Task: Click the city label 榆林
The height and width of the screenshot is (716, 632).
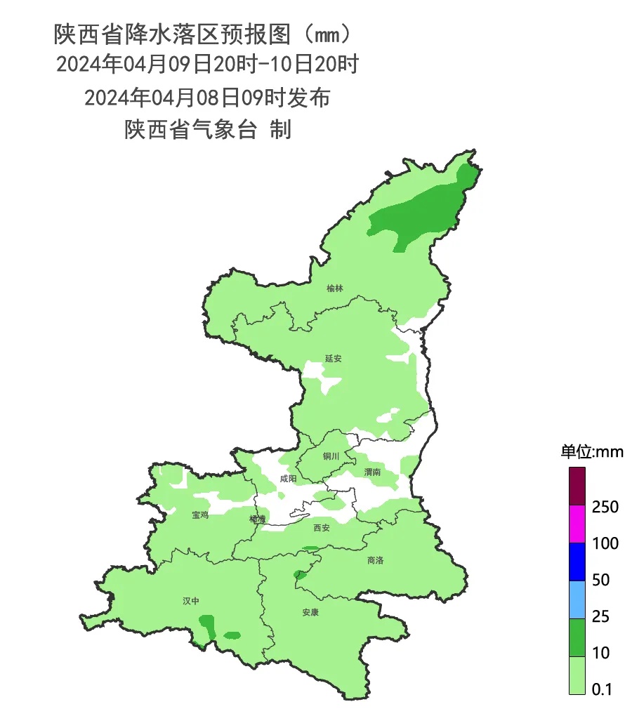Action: (335, 289)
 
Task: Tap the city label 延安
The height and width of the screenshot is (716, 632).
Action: (333, 358)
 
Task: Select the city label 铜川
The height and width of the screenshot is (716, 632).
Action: (331, 456)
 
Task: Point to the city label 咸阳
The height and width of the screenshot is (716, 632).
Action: (288, 479)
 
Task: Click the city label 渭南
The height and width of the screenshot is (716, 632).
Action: (372, 472)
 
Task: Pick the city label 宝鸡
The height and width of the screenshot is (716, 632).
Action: (200, 515)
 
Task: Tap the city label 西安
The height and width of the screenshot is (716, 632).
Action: (321, 528)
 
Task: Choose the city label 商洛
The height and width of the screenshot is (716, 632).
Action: (376, 560)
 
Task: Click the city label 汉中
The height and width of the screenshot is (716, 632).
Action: (191, 601)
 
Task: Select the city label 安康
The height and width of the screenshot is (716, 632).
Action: (310, 612)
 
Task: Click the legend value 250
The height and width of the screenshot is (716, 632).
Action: (605, 507)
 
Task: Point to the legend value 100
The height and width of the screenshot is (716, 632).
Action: (605, 543)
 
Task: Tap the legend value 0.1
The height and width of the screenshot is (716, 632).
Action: (602, 689)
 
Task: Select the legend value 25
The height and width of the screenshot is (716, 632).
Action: (600, 616)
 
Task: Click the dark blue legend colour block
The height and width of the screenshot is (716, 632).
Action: (577, 562)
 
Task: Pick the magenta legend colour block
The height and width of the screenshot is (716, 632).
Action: (577, 524)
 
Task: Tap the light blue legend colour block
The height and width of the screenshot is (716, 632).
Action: (577, 599)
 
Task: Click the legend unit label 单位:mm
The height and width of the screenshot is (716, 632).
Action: (591, 452)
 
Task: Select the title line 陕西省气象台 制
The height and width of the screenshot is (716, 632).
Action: (208, 130)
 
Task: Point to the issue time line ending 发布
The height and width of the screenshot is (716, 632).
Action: (207, 98)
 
